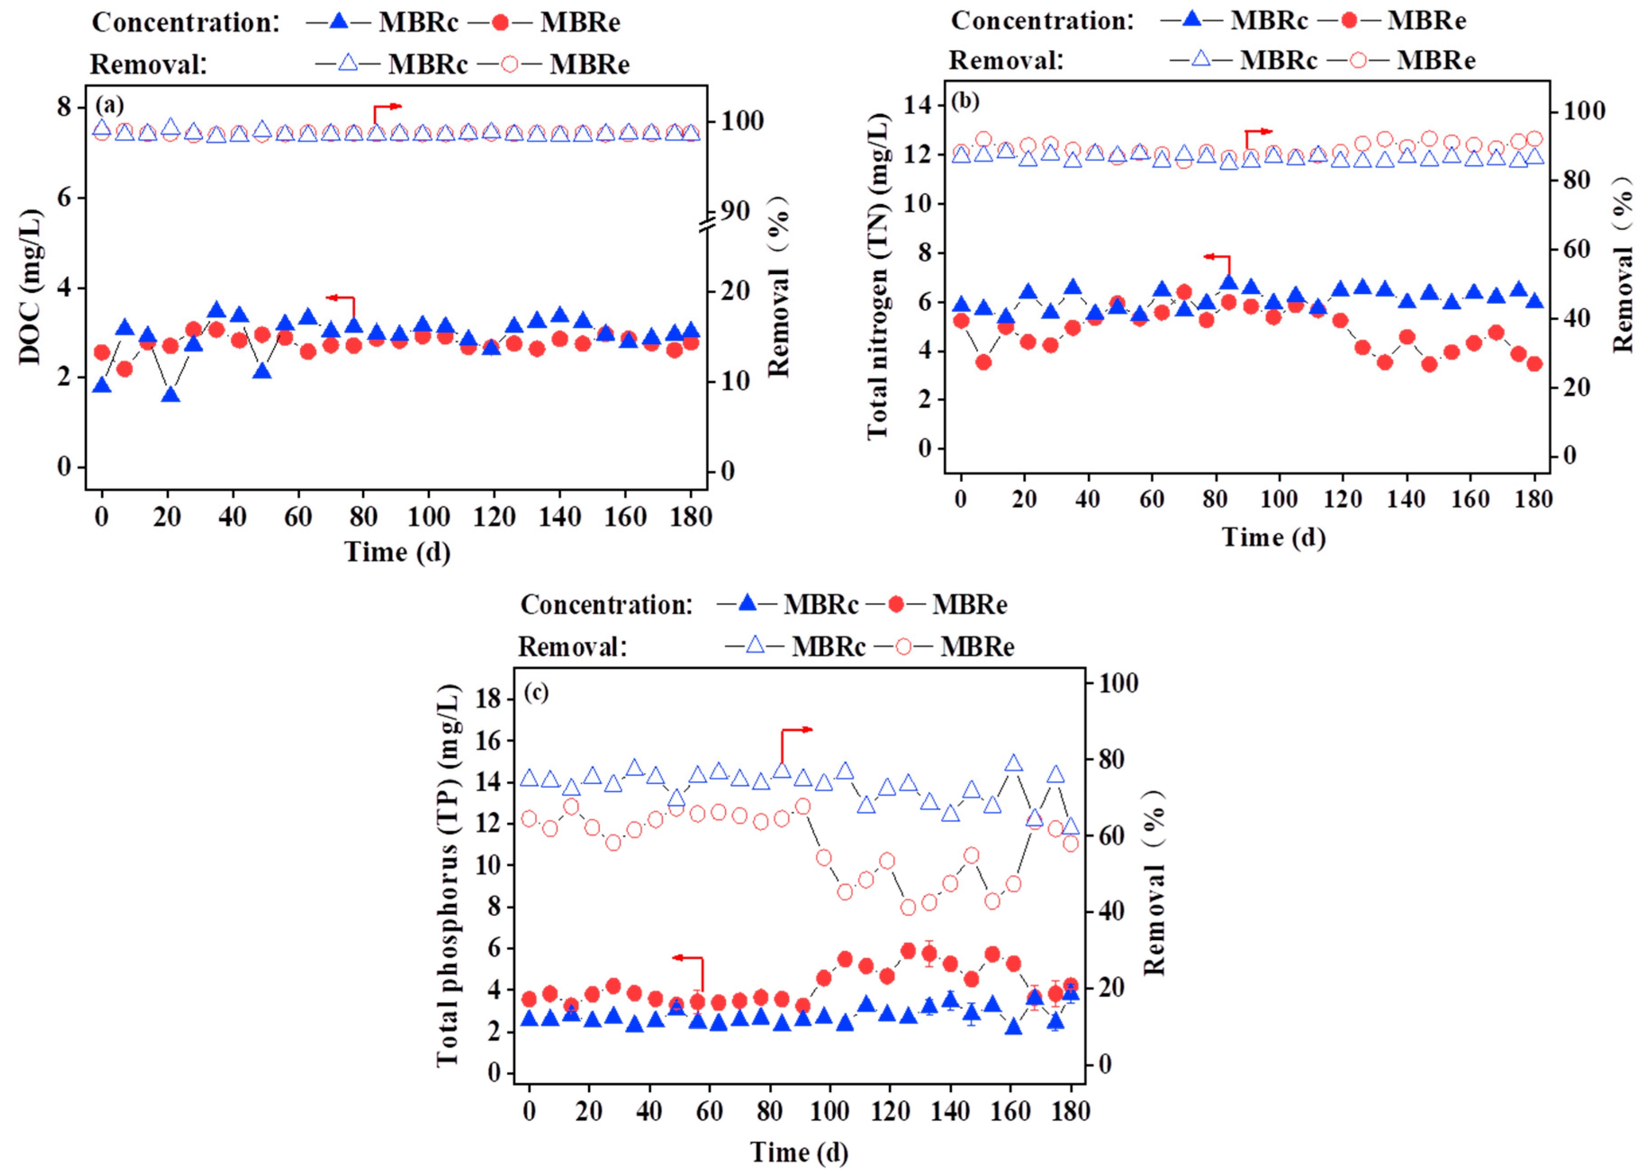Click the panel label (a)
[x=110, y=106]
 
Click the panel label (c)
[x=536, y=693]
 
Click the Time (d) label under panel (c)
[x=798, y=1151]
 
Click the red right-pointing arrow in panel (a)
[x=387, y=108]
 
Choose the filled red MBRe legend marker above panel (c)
[x=896, y=603]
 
